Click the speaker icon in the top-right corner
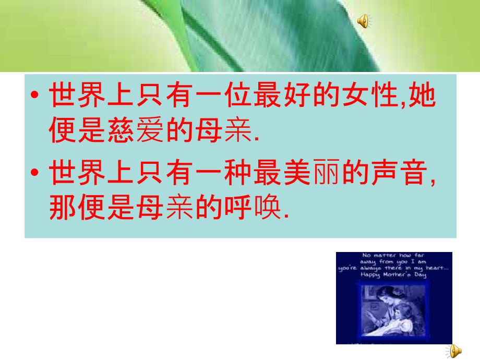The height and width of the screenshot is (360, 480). tap(364, 21)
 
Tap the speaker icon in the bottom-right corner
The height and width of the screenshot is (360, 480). tap(455, 350)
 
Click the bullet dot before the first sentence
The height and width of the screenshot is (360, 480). tap(35, 97)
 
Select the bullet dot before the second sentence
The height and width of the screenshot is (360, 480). tap(35, 174)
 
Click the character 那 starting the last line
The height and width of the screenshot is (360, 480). tap(63, 209)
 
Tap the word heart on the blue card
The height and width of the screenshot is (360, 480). tap(436, 268)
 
